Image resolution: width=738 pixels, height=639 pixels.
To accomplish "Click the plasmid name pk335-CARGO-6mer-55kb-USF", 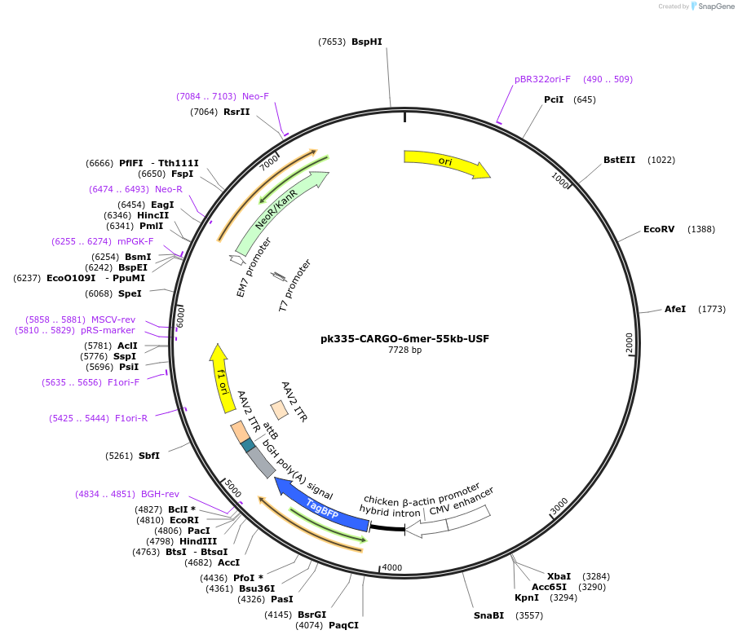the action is tap(404, 338).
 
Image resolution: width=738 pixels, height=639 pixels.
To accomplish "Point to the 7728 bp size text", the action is tap(404, 350).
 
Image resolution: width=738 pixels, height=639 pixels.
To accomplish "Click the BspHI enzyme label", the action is tap(367, 42).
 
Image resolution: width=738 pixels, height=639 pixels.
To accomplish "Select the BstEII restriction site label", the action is tap(619, 160).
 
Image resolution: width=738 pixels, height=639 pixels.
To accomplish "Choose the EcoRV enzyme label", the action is tap(659, 229).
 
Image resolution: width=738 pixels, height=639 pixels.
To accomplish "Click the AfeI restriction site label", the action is tap(675, 309).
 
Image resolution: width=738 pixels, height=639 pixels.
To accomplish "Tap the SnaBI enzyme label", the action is tap(489, 615).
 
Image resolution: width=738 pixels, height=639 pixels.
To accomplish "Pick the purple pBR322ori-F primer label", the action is tap(542, 79).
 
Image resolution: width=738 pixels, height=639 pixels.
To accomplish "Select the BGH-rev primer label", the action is tap(160, 494).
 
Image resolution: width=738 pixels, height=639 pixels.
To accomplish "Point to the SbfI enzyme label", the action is tap(149, 456).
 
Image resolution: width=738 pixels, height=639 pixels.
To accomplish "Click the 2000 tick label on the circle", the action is tap(629, 343).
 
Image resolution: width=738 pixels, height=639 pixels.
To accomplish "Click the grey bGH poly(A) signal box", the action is tap(261, 461).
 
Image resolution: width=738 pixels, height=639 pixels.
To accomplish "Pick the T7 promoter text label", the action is tap(294, 286).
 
